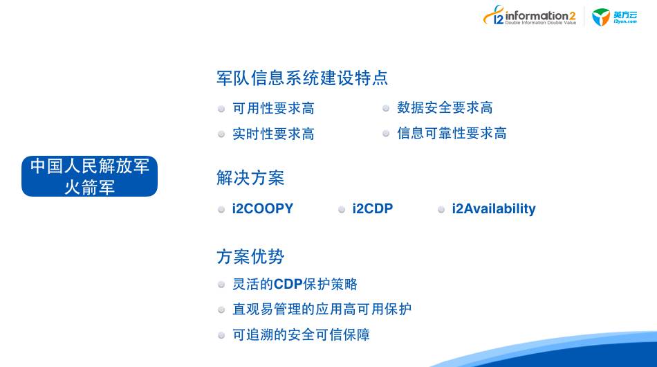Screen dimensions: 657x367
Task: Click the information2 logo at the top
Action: click(x=530, y=16)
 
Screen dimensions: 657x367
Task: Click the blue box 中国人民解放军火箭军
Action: click(x=90, y=176)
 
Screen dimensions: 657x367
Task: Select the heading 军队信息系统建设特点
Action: click(x=302, y=78)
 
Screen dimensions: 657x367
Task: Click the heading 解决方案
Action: click(x=250, y=178)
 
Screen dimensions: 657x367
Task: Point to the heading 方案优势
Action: click(x=250, y=257)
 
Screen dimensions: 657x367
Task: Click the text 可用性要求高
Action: click(x=274, y=108)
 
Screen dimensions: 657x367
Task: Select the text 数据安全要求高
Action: click(x=445, y=107)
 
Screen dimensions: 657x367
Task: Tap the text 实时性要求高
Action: click(x=274, y=134)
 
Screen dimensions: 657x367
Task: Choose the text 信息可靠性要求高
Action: click(x=452, y=133)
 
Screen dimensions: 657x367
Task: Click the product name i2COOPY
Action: click(x=263, y=208)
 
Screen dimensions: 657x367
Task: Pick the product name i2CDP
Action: click(x=373, y=208)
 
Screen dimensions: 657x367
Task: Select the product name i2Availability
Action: click(x=494, y=209)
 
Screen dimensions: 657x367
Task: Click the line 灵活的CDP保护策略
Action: click(x=295, y=284)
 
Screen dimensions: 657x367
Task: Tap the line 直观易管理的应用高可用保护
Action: click(x=322, y=309)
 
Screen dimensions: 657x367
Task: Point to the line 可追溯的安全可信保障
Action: click(x=302, y=334)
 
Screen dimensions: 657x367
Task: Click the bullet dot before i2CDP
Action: click(x=342, y=209)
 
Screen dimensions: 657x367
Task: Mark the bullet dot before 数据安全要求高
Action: click(x=386, y=109)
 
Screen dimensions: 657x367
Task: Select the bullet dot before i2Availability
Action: click(x=441, y=209)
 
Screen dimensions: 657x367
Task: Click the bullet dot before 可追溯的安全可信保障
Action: click(x=221, y=335)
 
